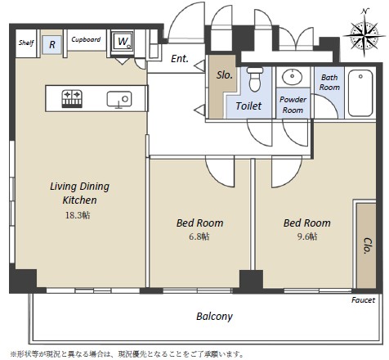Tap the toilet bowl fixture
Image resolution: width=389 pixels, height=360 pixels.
(255, 79)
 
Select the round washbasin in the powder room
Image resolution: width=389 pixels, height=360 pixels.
(292, 77)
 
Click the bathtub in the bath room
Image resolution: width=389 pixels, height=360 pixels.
(360, 93)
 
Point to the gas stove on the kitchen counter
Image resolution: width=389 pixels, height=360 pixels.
(72, 98)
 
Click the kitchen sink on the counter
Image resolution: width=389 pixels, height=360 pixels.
(119, 99)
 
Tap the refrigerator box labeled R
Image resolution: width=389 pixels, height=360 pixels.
(52, 44)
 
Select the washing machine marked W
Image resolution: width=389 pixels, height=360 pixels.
(123, 42)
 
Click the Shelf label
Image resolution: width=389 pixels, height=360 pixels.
(26, 43)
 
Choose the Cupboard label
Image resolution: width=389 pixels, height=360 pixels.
(86, 39)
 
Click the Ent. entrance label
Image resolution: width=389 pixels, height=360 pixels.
(180, 58)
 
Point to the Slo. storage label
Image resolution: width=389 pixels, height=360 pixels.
(225, 75)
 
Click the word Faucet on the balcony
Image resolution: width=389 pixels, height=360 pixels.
(363, 300)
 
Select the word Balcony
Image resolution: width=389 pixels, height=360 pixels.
(214, 317)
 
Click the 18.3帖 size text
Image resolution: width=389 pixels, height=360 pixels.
(78, 215)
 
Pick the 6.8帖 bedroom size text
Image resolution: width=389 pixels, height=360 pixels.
(199, 236)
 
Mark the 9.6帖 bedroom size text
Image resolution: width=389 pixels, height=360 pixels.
(307, 236)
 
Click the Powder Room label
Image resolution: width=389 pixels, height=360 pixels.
(293, 105)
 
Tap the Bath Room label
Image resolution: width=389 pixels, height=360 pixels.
(329, 83)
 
